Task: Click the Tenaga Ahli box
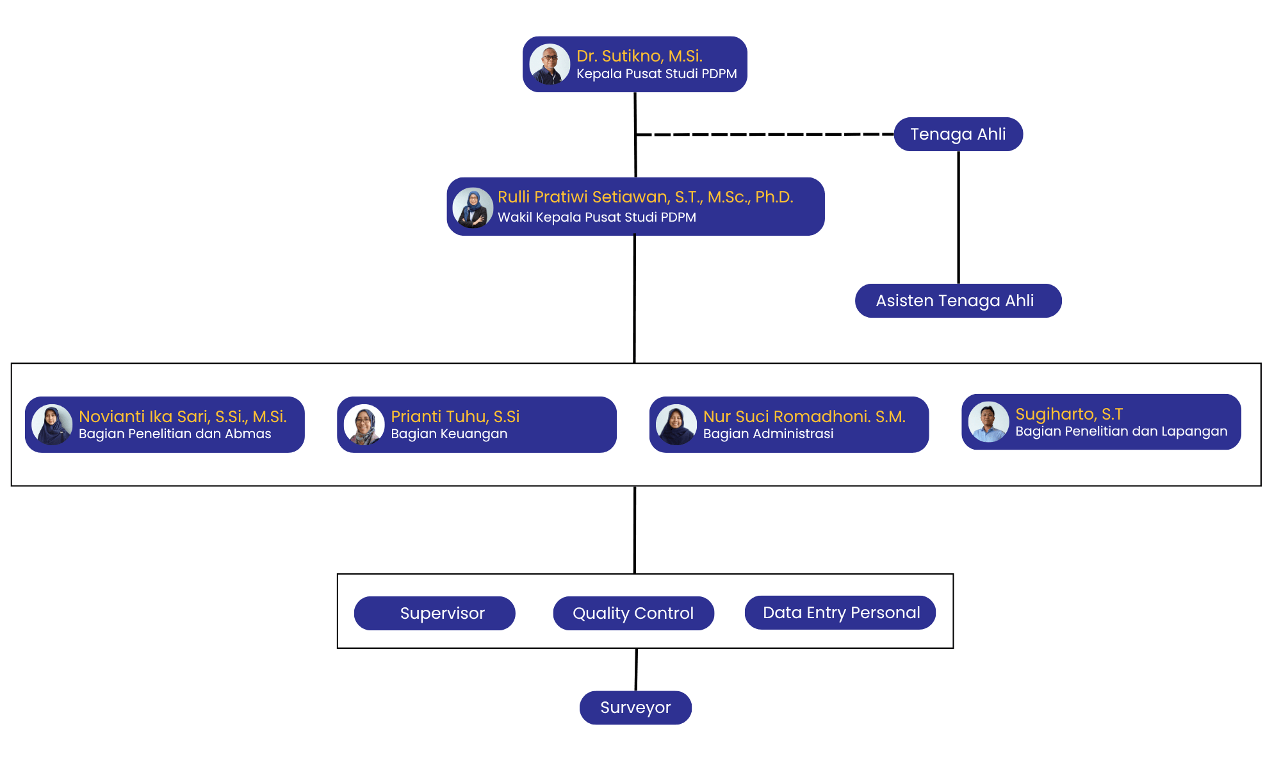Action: coord(958,134)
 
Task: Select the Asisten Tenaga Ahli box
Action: coord(958,300)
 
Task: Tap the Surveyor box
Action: coord(635,708)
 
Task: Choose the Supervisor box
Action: coord(435,613)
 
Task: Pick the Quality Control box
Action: coord(633,613)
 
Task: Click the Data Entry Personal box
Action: coord(840,612)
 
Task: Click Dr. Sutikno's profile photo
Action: coord(550,64)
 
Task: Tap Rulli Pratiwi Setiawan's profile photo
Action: coord(473,208)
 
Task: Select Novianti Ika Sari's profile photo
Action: coord(52,425)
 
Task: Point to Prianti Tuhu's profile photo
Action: coord(364,425)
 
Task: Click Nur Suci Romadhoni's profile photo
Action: coord(676,425)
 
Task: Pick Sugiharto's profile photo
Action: coord(988,421)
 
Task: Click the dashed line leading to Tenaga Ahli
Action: coord(765,135)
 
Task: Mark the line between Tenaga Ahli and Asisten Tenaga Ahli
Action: coord(958,217)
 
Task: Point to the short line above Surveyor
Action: coord(636,669)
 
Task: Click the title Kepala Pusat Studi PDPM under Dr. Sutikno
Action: coord(657,74)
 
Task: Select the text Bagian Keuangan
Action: coord(449,434)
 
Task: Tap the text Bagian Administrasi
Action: coord(768,434)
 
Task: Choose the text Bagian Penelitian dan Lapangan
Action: coord(1121,431)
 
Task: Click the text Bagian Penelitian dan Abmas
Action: coord(175,434)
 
